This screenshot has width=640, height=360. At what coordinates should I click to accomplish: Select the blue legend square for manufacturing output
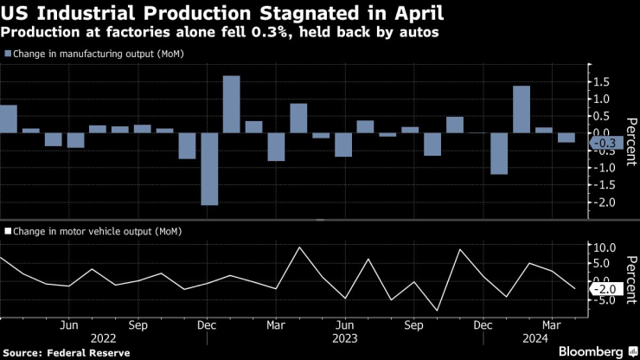click(x=8, y=54)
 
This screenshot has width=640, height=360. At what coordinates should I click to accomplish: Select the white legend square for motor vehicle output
click(x=8, y=231)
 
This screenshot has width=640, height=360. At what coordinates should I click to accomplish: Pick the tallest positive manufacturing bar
click(x=231, y=104)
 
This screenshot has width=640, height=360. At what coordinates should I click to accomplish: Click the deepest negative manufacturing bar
click(x=209, y=169)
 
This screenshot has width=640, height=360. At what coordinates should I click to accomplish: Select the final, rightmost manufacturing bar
click(x=566, y=138)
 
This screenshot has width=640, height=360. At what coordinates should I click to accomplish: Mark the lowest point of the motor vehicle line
click(x=437, y=311)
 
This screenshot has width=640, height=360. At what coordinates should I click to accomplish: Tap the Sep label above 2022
click(x=137, y=326)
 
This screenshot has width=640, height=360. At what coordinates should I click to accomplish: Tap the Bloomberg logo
click(x=592, y=351)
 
